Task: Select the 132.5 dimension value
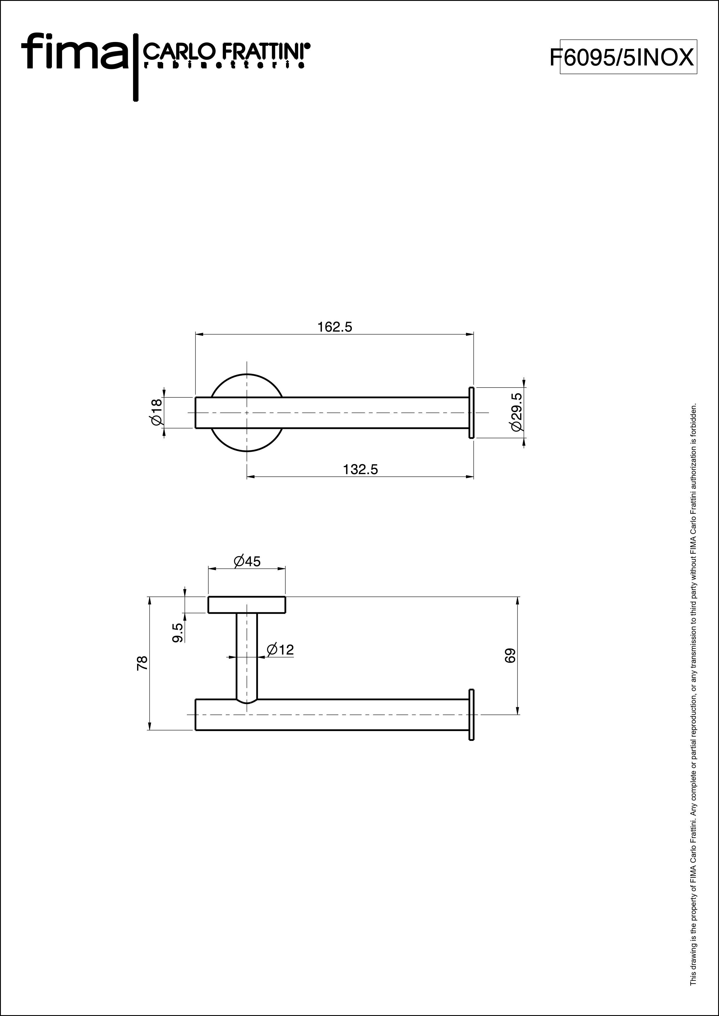pyautogui.click(x=361, y=469)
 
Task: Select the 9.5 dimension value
pyautogui.click(x=178, y=633)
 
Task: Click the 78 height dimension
pyautogui.click(x=142, y=663)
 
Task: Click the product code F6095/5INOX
pyautogui.click(x=622, y=57)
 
